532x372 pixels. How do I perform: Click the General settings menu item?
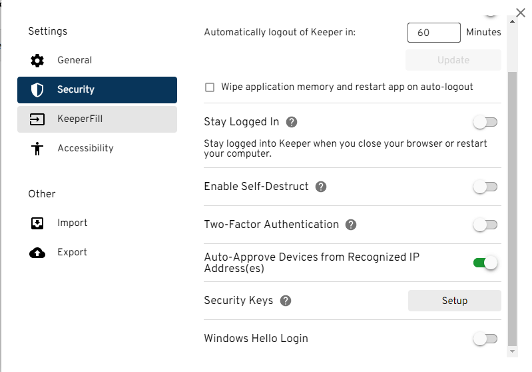point(74,61)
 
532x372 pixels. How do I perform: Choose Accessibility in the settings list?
point(85,149)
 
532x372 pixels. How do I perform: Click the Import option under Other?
point(72,223)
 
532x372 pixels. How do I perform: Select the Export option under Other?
point(72,253)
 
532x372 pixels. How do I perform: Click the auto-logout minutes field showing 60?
point(433,33)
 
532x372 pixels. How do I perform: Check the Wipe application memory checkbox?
point(210,87)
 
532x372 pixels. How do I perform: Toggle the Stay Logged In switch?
point(485,122)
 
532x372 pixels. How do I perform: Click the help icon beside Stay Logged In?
point(291,123)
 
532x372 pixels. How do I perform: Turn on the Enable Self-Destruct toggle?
point(485,187)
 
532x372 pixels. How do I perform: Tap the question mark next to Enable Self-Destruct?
point(321,187)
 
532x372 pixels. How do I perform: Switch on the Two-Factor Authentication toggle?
point(485,225)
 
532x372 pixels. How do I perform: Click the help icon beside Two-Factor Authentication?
point(351,225)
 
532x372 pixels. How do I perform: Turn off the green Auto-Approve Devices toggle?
point(485,263)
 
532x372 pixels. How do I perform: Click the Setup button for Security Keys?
point(454,301)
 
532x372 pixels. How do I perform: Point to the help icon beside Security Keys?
point(286,301)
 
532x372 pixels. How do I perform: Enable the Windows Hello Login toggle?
point(485,339)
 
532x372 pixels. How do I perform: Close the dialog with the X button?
point(521,13)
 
